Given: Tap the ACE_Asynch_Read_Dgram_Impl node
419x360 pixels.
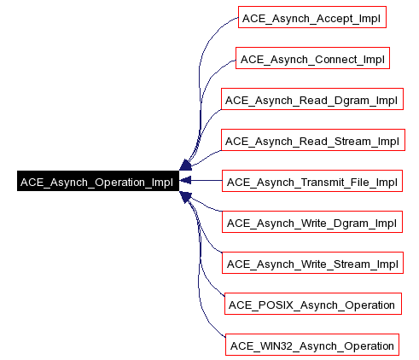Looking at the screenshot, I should click(x=311, y=100).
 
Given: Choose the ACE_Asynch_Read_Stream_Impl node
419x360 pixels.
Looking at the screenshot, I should click(x=311, y=141).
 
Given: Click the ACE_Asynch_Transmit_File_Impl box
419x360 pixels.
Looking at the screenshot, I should click(x=311, y=182).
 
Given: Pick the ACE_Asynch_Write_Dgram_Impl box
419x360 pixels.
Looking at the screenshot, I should click(x=311, y=223).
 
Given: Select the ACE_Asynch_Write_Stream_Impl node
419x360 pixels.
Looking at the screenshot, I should click(x=311, y=264).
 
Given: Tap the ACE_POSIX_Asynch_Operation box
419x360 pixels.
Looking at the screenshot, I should click(x=311, y=305).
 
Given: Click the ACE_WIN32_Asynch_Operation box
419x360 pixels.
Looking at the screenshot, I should click(x=311, y=345).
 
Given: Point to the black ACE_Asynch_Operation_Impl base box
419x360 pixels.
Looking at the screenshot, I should click(x=96, y=182).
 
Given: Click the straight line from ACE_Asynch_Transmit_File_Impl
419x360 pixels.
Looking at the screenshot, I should click(x=205, y=182).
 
